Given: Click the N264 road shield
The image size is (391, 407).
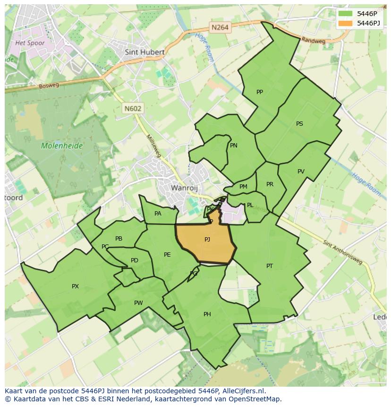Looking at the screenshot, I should point(220,27).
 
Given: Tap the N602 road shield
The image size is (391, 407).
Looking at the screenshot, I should point(133,108).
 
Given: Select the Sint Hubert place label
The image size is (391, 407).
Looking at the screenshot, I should point(144,52).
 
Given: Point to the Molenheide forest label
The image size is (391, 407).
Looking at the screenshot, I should point(61,146).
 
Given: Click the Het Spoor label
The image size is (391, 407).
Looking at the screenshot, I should point(30,43).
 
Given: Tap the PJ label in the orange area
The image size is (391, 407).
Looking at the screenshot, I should point(207,240).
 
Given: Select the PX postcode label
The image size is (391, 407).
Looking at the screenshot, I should point(75,286).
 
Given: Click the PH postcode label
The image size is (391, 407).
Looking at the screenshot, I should point(207,314).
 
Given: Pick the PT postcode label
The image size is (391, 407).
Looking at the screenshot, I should point(270,266).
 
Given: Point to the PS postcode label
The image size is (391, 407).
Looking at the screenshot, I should point(299,124).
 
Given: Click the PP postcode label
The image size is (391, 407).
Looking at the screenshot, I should point(259,92).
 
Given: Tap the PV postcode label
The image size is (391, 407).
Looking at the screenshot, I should point(301,172).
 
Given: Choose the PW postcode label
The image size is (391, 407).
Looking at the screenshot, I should point(138,303).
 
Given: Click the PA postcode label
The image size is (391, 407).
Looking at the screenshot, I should point(158,214).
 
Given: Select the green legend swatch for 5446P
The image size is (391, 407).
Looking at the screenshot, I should point(346,14).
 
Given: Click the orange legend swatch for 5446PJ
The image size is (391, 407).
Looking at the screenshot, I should point(346,23).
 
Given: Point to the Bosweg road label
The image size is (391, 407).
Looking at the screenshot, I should point(49,86).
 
